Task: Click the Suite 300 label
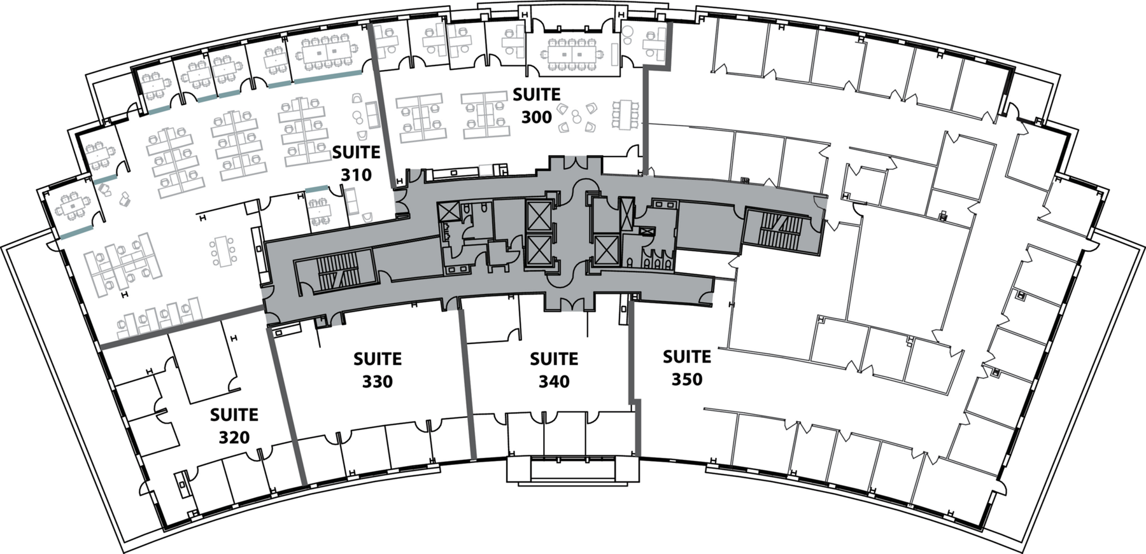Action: (x=536, y=106)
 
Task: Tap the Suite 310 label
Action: (x=356, y=163)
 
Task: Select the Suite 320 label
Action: (x=234, y=426)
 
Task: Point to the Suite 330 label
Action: (x=378, y=370)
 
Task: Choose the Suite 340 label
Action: (x=554, y=370)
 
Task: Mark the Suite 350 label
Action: (x=687, y=368)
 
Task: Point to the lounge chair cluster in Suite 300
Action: (x=576, y=118)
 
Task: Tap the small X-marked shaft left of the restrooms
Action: (x=446, y=212)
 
